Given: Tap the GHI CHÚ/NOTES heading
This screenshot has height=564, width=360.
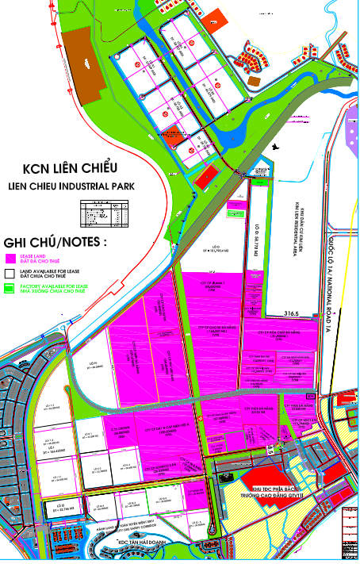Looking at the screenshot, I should [56, 241].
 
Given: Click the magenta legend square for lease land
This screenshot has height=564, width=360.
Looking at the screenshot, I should [10, 258].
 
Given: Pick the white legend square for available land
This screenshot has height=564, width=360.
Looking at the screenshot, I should [10, 272].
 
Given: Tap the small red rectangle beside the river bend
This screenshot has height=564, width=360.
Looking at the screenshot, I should [205, 176].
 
